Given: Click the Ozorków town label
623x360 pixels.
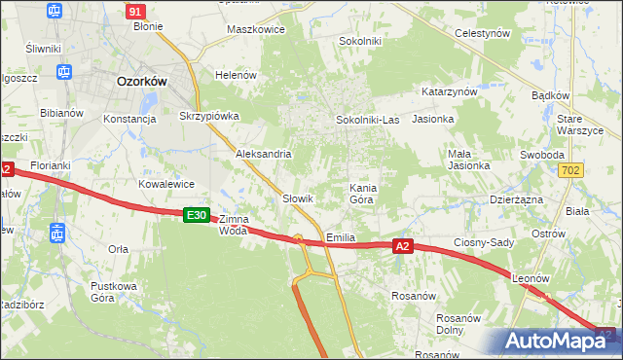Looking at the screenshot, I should (x=142, y=82).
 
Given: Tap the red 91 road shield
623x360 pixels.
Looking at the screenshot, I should (x=136, y=11).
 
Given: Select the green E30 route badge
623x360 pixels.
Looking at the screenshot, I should (x=197, y=215).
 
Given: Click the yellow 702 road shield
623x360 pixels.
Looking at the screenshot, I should (x=573, y=170).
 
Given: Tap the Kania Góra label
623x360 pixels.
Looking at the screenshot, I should (x=362, y=192).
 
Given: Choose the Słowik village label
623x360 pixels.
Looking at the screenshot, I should (x=297, y=198).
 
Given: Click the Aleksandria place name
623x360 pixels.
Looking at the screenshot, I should (x=264, y=154).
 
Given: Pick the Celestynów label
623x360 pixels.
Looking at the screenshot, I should (x=484, y=33).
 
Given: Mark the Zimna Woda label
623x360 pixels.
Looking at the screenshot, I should (x=234, y=225).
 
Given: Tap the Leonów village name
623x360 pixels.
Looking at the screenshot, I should (x=531, y=278).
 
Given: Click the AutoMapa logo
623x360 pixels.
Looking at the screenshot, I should (x=558, y=341).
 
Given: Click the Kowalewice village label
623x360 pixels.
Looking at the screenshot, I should (x=166, y=184).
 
